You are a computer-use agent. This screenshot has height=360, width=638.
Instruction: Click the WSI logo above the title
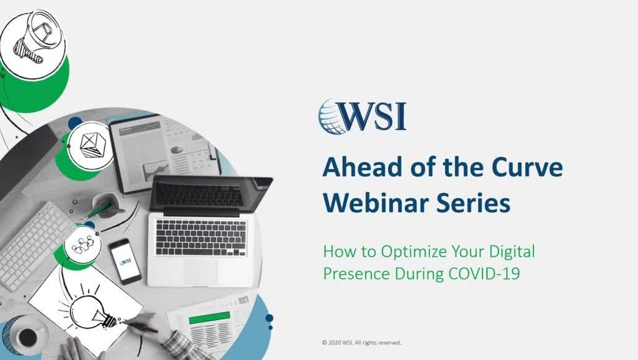[x=362, y=116]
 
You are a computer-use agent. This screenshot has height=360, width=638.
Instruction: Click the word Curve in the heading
[x=527, y=167]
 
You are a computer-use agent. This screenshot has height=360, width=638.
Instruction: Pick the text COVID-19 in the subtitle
[x=484, y=273]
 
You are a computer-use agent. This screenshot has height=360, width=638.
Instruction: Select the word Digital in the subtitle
[x=512, y=252]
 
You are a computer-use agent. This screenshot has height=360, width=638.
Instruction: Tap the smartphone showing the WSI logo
[x=125, y=261]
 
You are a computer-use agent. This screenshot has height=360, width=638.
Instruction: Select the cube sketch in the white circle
[x=92, y=145]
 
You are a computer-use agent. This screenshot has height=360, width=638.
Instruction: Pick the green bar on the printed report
[x=209, y=317]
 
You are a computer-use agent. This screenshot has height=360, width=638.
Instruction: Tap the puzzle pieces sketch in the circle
[x=82, y=244]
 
